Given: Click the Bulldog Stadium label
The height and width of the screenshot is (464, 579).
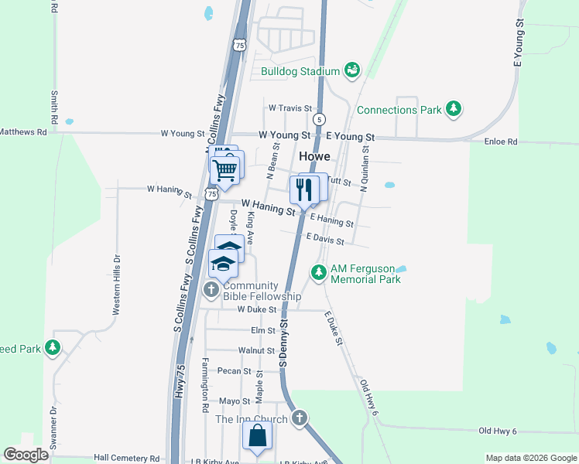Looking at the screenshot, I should tap(300, 72).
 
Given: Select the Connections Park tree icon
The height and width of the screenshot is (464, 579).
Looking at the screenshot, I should tap(454, 110).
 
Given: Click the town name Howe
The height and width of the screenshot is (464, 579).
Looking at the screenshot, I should tap(315, 156).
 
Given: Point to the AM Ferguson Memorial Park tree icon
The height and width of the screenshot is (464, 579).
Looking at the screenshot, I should tap(318, 272).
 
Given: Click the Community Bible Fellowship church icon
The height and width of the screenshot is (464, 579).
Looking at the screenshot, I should tap(211, 290).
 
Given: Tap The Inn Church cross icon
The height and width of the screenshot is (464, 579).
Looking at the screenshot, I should tap(300, 419).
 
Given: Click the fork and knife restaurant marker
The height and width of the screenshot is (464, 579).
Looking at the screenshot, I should tap(303, 190).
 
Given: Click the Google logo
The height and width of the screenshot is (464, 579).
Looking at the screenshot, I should tap(26, 455).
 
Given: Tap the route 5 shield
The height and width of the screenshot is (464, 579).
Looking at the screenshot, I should tap(319, 119).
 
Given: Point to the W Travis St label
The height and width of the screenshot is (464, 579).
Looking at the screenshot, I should tap(289, 109).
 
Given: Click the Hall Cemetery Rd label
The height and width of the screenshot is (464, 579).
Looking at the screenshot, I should tap(126, 458).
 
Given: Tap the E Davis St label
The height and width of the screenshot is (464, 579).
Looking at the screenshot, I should tap(325, 239).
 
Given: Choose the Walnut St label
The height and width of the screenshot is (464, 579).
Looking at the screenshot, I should tap(256, 351).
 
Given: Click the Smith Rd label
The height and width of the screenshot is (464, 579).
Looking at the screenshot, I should tap(54, 108).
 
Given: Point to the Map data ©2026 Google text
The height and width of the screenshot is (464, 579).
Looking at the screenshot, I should tap(530, 458).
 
